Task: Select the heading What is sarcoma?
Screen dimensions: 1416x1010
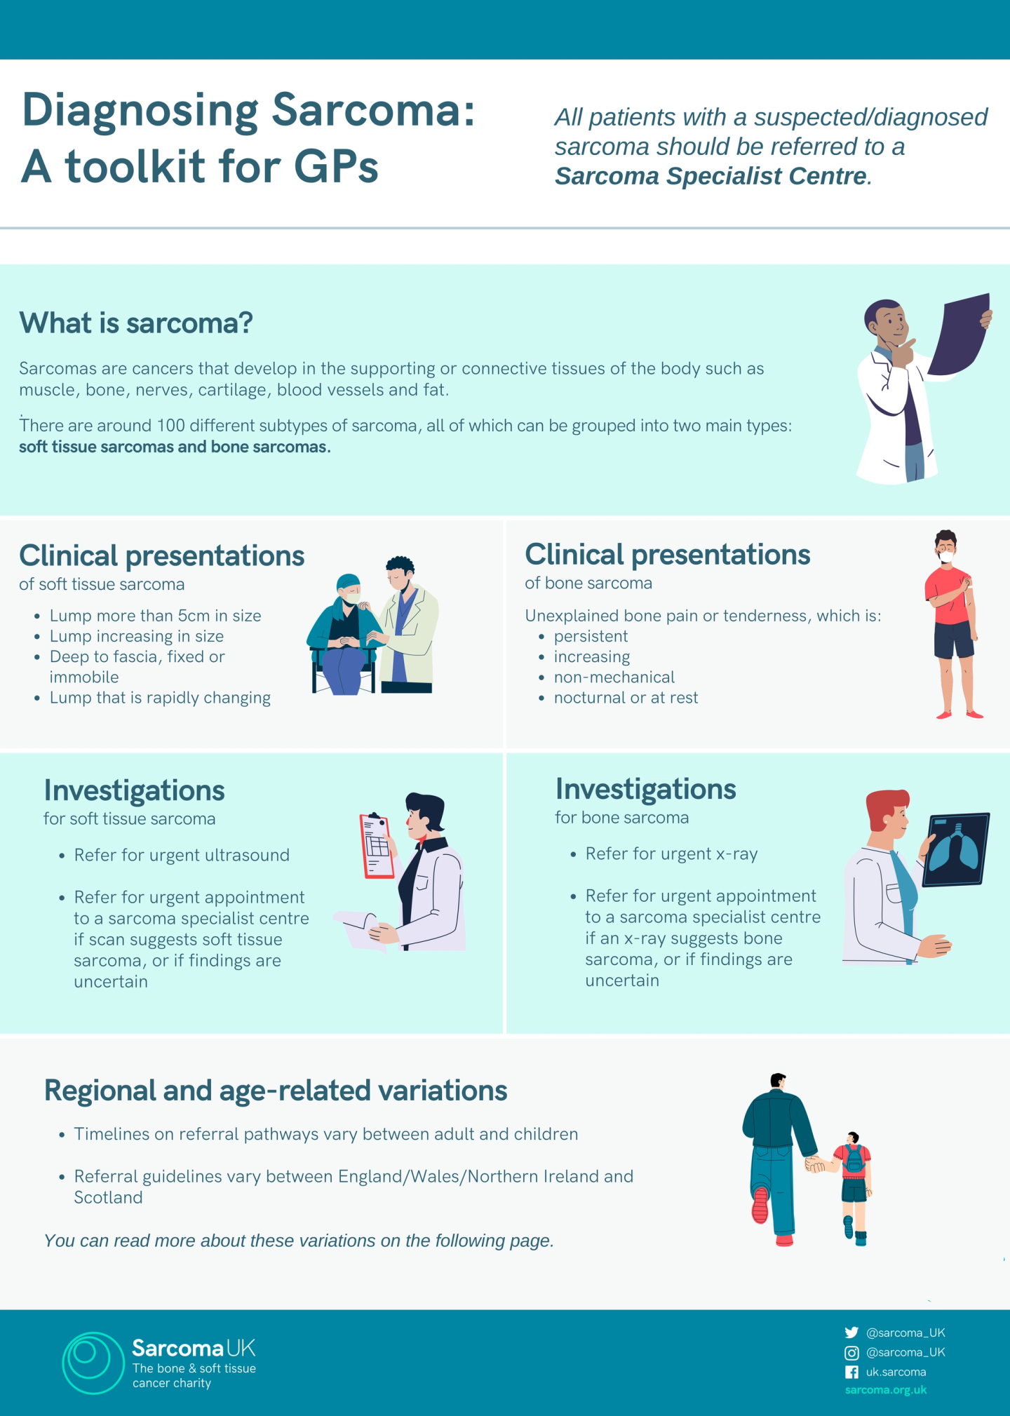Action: [x=136, y=323]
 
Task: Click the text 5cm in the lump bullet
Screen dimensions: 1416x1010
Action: [x=194, y=616]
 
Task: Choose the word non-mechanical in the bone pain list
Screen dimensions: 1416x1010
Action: [x=614, y=677]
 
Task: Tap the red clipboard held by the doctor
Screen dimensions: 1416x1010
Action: [x=376, y=845]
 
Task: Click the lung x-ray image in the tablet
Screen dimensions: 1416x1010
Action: [x=955, y=849]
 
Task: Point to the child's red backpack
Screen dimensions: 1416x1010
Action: [x=854, y=1159]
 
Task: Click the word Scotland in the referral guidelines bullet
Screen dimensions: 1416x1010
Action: [x=108, y=1197]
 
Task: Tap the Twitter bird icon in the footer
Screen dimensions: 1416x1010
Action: [x=851, y=1333]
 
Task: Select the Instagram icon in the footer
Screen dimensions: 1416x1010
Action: [x=851, y=1352]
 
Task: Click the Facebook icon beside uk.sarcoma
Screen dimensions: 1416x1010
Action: [x=851, y=1372]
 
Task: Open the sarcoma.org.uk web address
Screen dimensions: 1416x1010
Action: [x=885, y=1390]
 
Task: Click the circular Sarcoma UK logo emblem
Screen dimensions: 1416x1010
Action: [x=92, y=1362]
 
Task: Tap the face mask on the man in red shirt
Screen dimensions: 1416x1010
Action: [x=947, y=557]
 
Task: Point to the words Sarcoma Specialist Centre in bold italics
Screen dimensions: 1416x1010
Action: [x=711, y=176]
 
